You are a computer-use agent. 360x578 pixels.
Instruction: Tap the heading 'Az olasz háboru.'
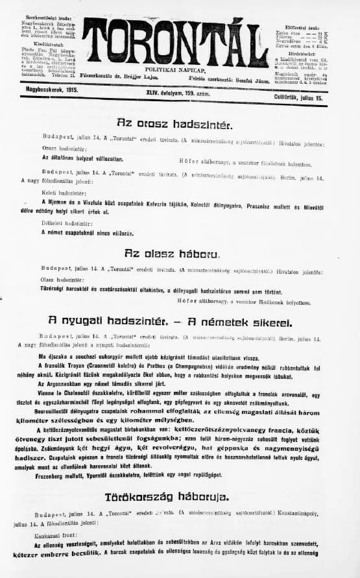click(x=172, y=254)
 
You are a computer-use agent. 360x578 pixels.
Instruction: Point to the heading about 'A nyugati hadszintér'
click(x=176, y=320)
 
